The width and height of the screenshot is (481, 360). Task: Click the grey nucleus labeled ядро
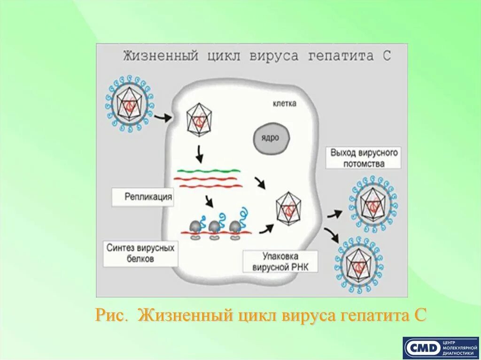(272, 138)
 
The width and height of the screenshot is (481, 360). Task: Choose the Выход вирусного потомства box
(364, 159)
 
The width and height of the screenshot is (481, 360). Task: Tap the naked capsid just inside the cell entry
(200, 120)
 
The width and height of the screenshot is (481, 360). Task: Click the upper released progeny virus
(374, 203)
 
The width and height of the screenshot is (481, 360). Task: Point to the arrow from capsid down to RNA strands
(200, 153)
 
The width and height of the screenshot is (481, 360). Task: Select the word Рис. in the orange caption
(111, 314)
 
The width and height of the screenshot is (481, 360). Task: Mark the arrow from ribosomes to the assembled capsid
(267, 229)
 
